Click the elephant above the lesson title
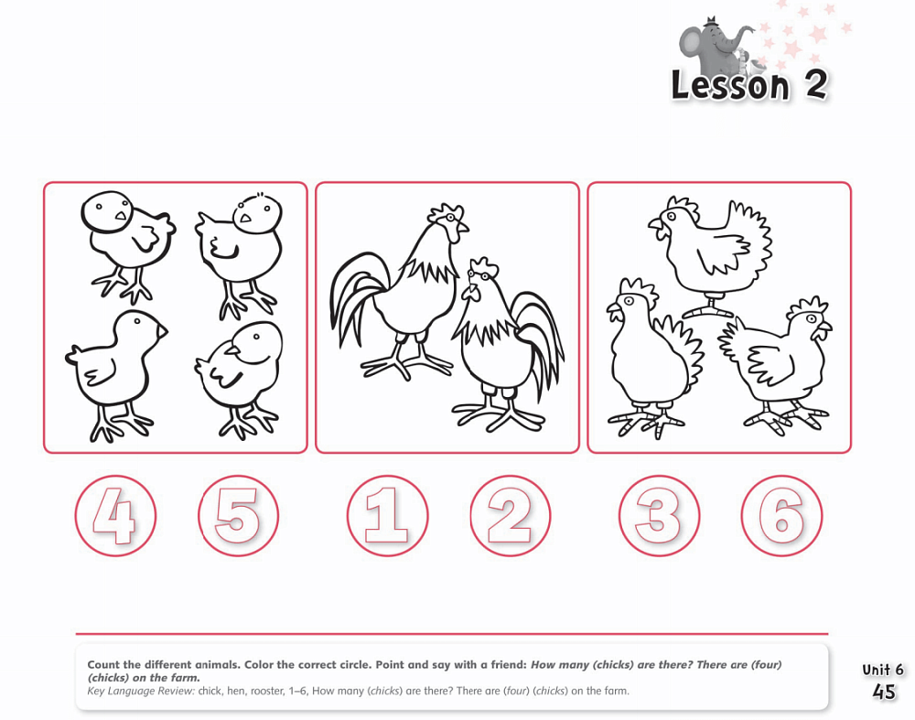click(x=715, y=45)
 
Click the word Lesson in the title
click(x=730, y=85)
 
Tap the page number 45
click(x=884, y=692)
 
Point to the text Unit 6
click(x=882, y=670)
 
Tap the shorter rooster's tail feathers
click(x=541, y=343)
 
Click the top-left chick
click(x=126, y=245)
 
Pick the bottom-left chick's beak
click(x=162, y=331)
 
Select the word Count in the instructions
click(x=104, y=664)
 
